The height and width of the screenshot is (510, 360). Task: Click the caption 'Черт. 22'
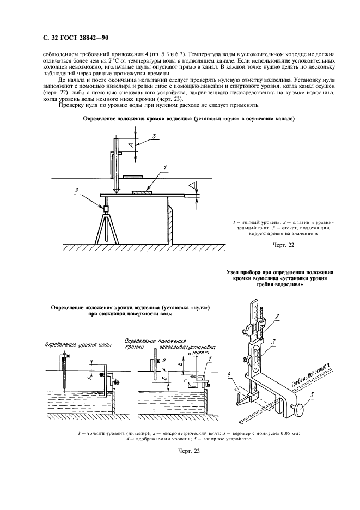coord(283,245)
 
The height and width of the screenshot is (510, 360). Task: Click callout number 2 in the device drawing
coord(277,316)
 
